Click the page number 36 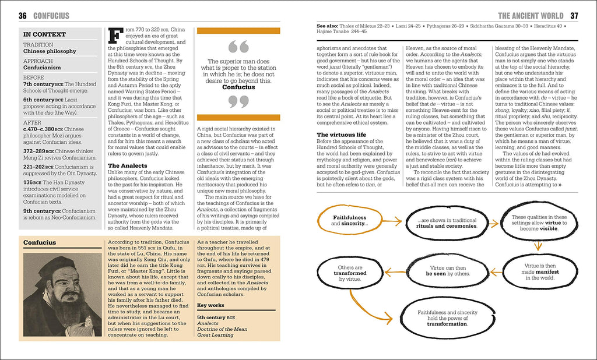pos(23,15)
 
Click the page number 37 pos(574,15)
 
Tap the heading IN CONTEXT pos(44,34)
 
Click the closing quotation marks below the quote pos(238,103)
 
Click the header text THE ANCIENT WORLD pos(530,16)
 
